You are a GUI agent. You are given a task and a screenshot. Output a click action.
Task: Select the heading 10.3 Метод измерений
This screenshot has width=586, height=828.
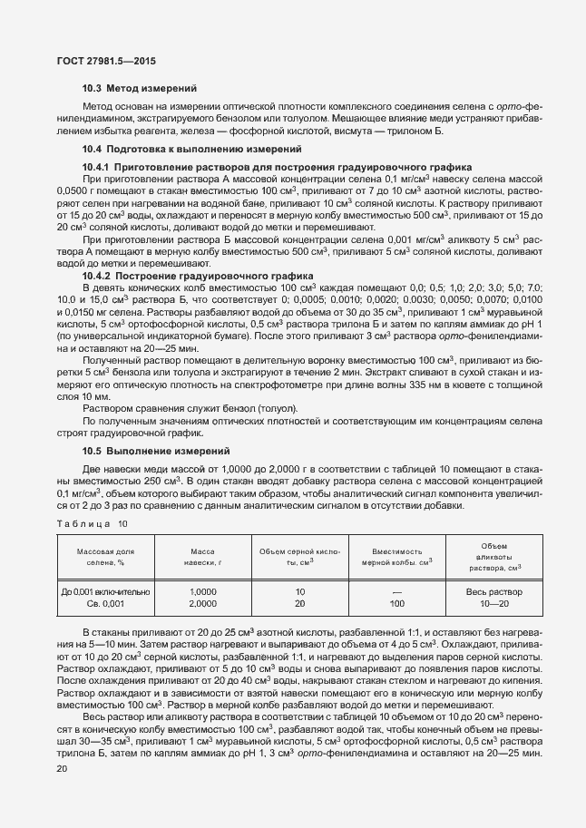click(x=140, y=89)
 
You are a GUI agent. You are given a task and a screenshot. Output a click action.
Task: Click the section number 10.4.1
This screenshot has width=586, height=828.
click(x=96, y=168)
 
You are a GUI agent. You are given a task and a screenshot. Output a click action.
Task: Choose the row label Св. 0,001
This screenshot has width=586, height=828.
click(x=105, y=602)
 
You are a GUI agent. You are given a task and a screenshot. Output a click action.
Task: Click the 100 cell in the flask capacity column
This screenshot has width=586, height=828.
click(x=397, y=602)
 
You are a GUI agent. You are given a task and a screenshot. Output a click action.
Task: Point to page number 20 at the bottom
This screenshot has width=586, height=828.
click(x=60, y=768)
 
